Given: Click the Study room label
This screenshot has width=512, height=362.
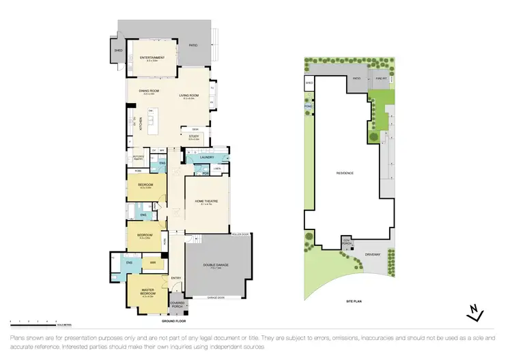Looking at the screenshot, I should (194, 137).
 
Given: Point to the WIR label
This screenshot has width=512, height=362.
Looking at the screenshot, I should (153, 262).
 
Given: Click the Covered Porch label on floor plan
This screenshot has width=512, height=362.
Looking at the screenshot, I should (177, 303).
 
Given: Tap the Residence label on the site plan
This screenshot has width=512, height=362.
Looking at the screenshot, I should (345, 173).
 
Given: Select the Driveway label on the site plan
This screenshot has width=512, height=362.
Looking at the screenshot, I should (372, 254).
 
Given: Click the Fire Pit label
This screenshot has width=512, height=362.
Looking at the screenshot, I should (380, 79).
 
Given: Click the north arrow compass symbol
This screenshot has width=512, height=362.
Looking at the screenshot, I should (472, 313).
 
